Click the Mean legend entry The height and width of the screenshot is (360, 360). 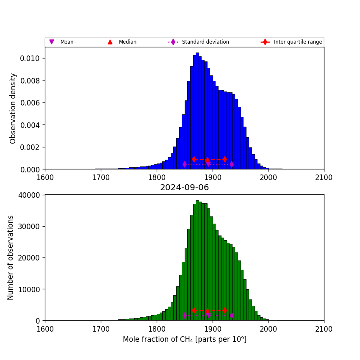tap(66, 42)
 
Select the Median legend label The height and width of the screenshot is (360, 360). tap(127, 42)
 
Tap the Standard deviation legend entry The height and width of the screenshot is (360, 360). tap(205, 42)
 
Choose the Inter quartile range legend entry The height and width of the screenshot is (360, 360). tap(298, 42)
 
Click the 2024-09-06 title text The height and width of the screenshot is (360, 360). tap(184, 188)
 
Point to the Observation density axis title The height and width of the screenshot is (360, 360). tap(13, 108)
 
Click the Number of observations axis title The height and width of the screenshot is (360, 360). tap(11, 258)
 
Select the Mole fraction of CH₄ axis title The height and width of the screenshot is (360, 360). tap(184, 339)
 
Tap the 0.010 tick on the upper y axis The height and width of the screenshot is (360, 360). tap(30, 58)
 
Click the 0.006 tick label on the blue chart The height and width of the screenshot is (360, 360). tap(30, 102)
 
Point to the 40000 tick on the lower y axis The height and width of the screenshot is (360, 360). tap(30, 195)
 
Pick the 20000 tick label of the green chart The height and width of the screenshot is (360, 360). tap(30, 258)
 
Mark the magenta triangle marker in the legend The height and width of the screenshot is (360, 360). tap(52, 42)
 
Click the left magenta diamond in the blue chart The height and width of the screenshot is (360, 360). tap(185, 164)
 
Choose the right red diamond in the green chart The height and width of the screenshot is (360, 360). tap(224, 310)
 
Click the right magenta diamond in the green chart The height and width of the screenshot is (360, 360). tap(231, 316)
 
